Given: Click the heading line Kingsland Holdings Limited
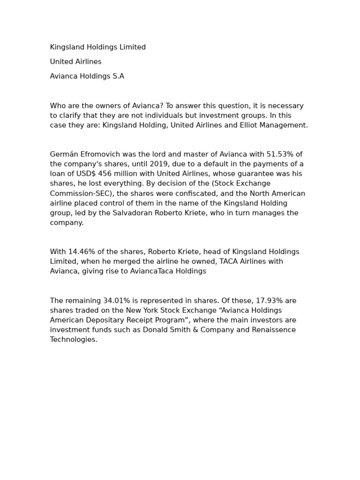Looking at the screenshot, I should [98, 47].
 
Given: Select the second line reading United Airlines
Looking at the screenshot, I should [76, 62].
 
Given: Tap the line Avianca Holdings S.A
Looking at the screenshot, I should [87, 76].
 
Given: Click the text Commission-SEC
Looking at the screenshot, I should [79, 194].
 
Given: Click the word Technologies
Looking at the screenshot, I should [73, 340].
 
